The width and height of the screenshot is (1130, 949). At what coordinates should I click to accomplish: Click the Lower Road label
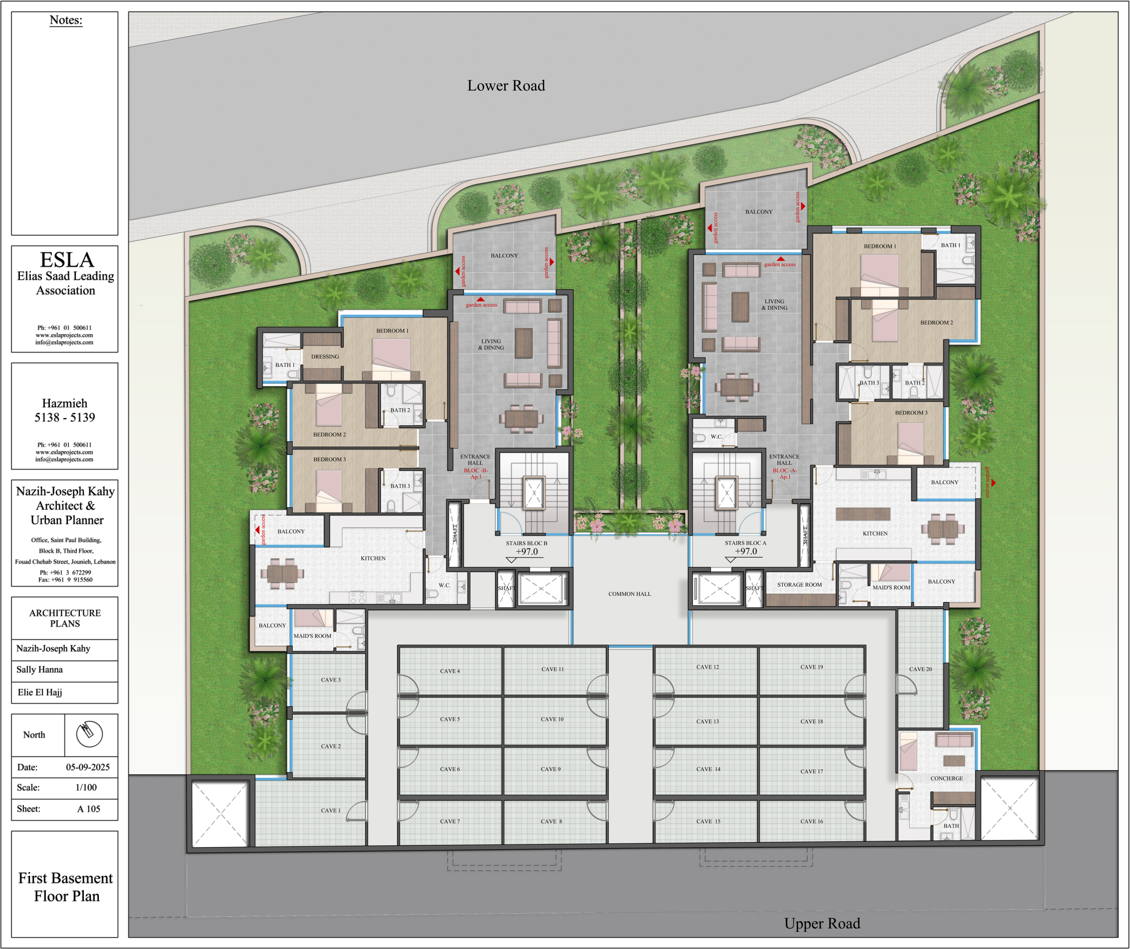[x=506, y=86]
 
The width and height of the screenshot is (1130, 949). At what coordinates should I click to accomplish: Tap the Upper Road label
[x=822, y=923]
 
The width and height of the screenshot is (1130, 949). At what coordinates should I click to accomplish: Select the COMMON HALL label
[x=629, y=594]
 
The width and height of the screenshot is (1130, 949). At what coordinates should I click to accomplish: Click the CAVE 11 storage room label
[x=553, y=669]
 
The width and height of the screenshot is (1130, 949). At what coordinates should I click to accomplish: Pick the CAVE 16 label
[x=811, y=821]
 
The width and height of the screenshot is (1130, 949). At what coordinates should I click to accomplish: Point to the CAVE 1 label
[x=330, y=810]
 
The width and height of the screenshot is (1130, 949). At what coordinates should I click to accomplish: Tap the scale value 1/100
[x=86, y=787]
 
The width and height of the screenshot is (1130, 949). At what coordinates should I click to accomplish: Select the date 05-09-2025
[x=88, y=767]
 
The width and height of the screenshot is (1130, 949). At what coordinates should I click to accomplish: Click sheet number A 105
[x=89, y=809]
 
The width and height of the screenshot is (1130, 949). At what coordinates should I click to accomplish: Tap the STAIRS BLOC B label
[x=526, y=543]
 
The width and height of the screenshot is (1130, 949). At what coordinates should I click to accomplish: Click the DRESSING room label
[x=325, y=357]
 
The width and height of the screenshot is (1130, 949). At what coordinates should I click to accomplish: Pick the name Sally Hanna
[x=39, y=669]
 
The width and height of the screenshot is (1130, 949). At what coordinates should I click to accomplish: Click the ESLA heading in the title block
[x=67, y=260]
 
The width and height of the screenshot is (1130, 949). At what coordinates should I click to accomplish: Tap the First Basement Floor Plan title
[x=66, y=887]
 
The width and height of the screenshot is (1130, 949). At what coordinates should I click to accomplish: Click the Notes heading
[x=66, y=20]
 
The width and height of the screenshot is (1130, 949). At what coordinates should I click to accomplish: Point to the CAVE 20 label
[x=920, y=669]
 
